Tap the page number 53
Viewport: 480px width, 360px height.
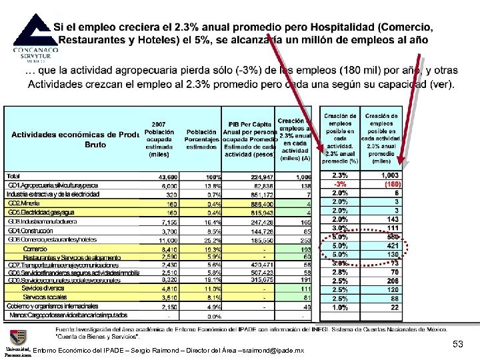pos(458,344)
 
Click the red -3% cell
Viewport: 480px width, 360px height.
pos(340,185)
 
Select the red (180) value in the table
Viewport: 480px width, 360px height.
pos(391,185)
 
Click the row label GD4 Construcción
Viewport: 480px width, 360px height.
pos(31,230)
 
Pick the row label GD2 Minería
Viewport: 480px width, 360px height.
pos(24,203)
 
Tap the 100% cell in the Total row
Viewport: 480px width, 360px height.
pos(213,176)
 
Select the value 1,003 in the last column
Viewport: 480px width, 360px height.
pos(390,175)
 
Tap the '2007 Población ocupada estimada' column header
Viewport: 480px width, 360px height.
pos(159,139)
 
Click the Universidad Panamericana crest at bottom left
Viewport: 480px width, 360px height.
pos(15,337)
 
